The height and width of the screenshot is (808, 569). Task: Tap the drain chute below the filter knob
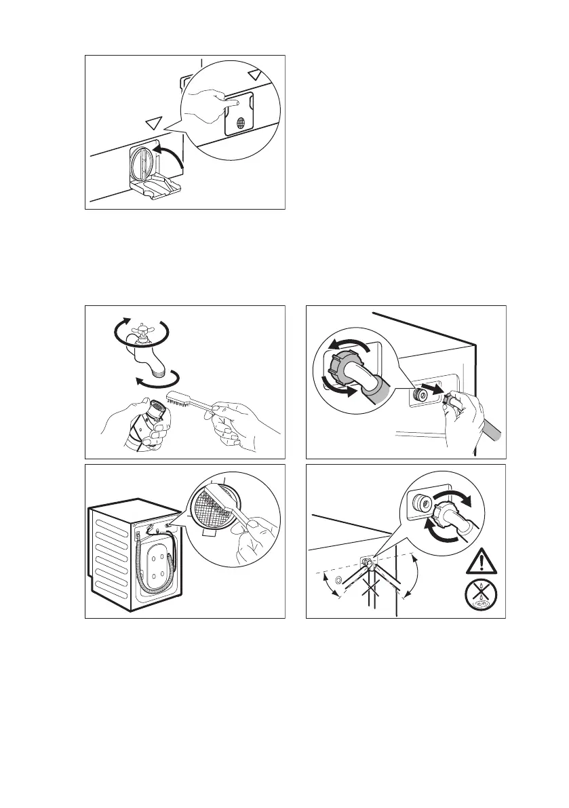click(155, 189)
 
